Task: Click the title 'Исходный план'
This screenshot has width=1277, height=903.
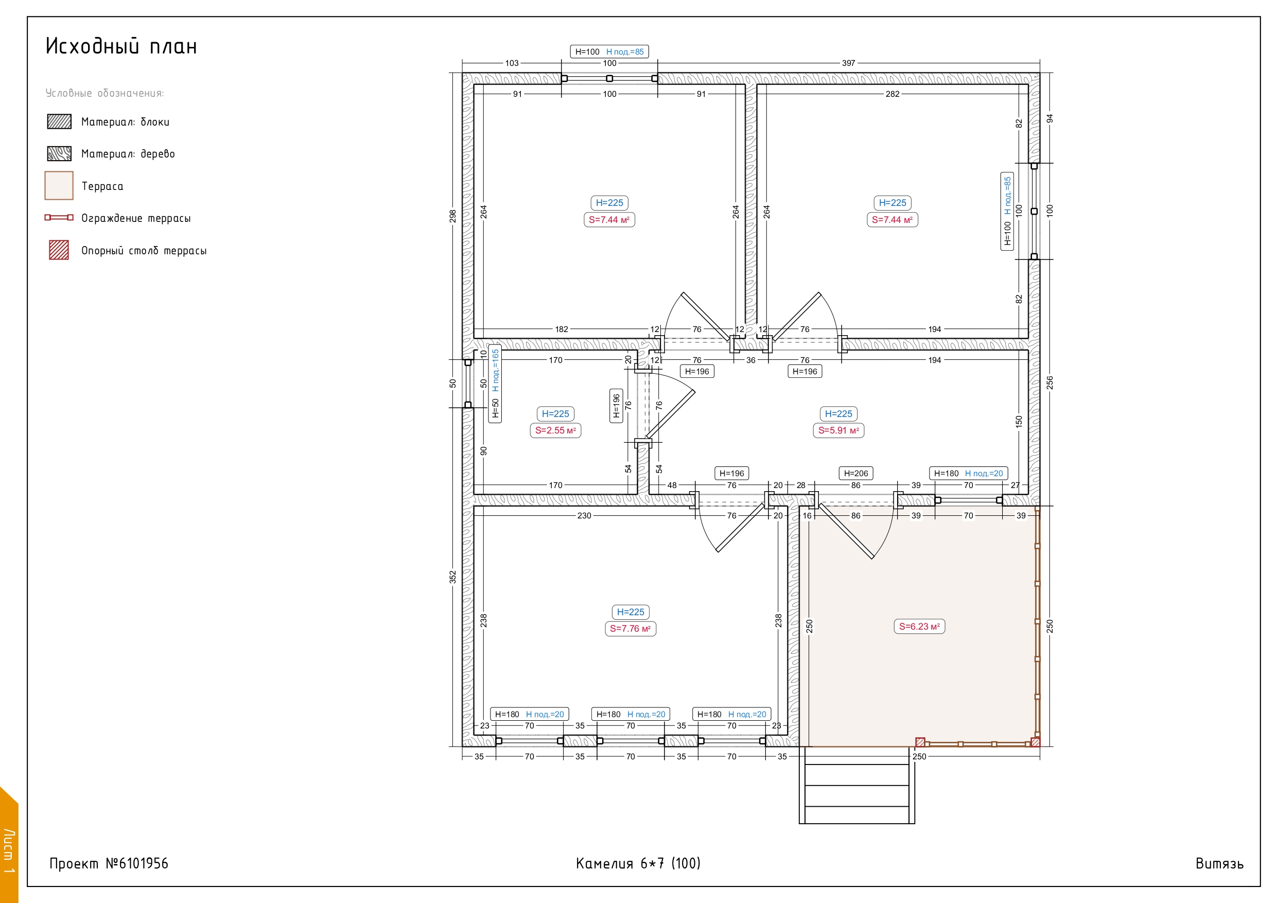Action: [121, 46]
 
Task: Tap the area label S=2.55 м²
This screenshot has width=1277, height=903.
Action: [555, 430]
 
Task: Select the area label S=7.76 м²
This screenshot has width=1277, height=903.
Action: [630, 628]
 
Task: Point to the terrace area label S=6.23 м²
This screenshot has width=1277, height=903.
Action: [919, 626]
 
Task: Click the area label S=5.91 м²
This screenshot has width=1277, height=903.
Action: [838, 430]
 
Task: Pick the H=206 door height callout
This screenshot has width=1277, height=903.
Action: [855, 473]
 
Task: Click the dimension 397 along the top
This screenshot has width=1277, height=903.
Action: [848, 63]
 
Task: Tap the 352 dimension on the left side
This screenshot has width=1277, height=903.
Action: [453, 577]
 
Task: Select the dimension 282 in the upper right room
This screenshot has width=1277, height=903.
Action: [892, 94]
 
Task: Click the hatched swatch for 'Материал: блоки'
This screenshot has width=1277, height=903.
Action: [59, 121]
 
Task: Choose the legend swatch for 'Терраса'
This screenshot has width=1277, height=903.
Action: [59, 185]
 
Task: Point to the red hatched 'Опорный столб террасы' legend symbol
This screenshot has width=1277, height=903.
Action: [59, 250]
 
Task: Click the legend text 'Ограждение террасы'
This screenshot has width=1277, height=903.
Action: [136, 218]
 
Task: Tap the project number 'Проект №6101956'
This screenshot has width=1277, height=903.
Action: [109, 863]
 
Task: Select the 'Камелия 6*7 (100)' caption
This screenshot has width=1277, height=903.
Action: [638, 863]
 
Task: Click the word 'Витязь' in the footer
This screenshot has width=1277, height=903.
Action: [1219, 863]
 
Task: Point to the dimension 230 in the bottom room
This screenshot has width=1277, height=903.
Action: [584, 516]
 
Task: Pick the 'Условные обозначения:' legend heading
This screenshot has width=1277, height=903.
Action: [104, 93]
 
